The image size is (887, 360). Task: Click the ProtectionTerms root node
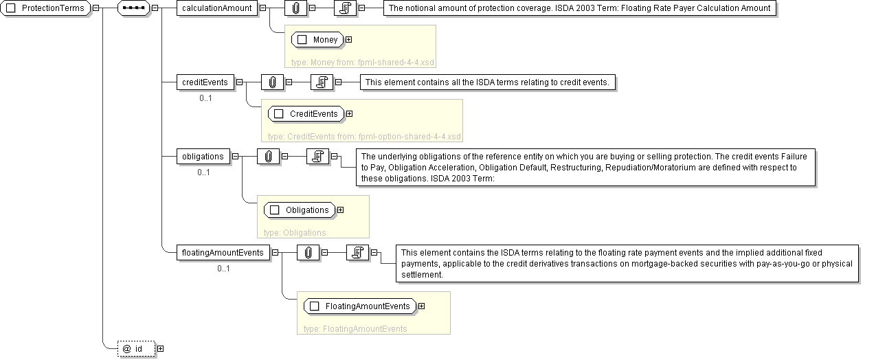coord(47,8)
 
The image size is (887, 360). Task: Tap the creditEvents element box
coord(205,82)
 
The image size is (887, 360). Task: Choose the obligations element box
coord(203,156)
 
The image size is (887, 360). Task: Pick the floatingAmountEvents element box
coord(223,252)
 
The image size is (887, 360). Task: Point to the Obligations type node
coord(300,210)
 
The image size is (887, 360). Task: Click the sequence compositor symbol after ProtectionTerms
coord(133,8)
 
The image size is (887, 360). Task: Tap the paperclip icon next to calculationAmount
coord(295,8)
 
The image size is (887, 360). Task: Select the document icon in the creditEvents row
coord(321,82)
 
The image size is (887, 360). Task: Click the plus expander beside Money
coord(349,39)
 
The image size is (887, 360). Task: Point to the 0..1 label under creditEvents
coord(205,98)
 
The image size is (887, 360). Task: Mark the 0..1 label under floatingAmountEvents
coord(223,268)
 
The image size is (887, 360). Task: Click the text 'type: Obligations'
coord(295,232)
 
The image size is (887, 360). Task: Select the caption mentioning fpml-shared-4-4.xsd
coord(363,62)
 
